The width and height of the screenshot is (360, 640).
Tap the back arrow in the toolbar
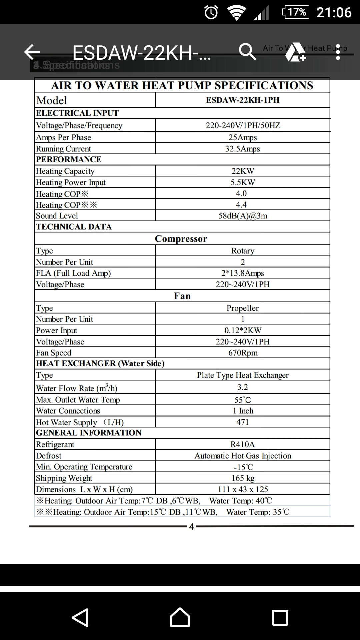click(32, 52)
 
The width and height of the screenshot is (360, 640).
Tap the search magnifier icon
click(247, 52)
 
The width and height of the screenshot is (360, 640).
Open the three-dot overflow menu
click(338, 52)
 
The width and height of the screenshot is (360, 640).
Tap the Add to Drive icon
click(295, 52)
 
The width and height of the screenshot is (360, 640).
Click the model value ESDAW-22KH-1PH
click(243, 100)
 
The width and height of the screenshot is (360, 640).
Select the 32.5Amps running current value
click(243, 149)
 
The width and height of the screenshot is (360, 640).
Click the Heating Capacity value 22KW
click(243, 171)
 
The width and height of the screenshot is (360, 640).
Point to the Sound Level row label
click(57, 216)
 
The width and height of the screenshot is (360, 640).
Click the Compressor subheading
click(181, 239)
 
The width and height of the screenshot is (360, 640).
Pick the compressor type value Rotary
click(243, 251)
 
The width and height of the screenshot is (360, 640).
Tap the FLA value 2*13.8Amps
click(243, 273)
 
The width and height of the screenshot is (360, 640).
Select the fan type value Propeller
click(243, 308)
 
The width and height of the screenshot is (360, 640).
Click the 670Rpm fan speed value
click(243, 353)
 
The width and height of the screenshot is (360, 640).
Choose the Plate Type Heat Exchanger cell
click(243, 375)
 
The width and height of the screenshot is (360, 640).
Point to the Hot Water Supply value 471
click(243, 422)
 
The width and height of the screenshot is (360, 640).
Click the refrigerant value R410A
click(243, 444)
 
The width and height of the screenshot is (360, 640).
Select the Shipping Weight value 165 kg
click(243, 478)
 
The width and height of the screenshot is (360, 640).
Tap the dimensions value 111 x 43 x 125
click(243, 489)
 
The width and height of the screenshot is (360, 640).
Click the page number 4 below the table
click(191, 527)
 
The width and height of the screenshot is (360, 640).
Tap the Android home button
click(180, 617)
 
